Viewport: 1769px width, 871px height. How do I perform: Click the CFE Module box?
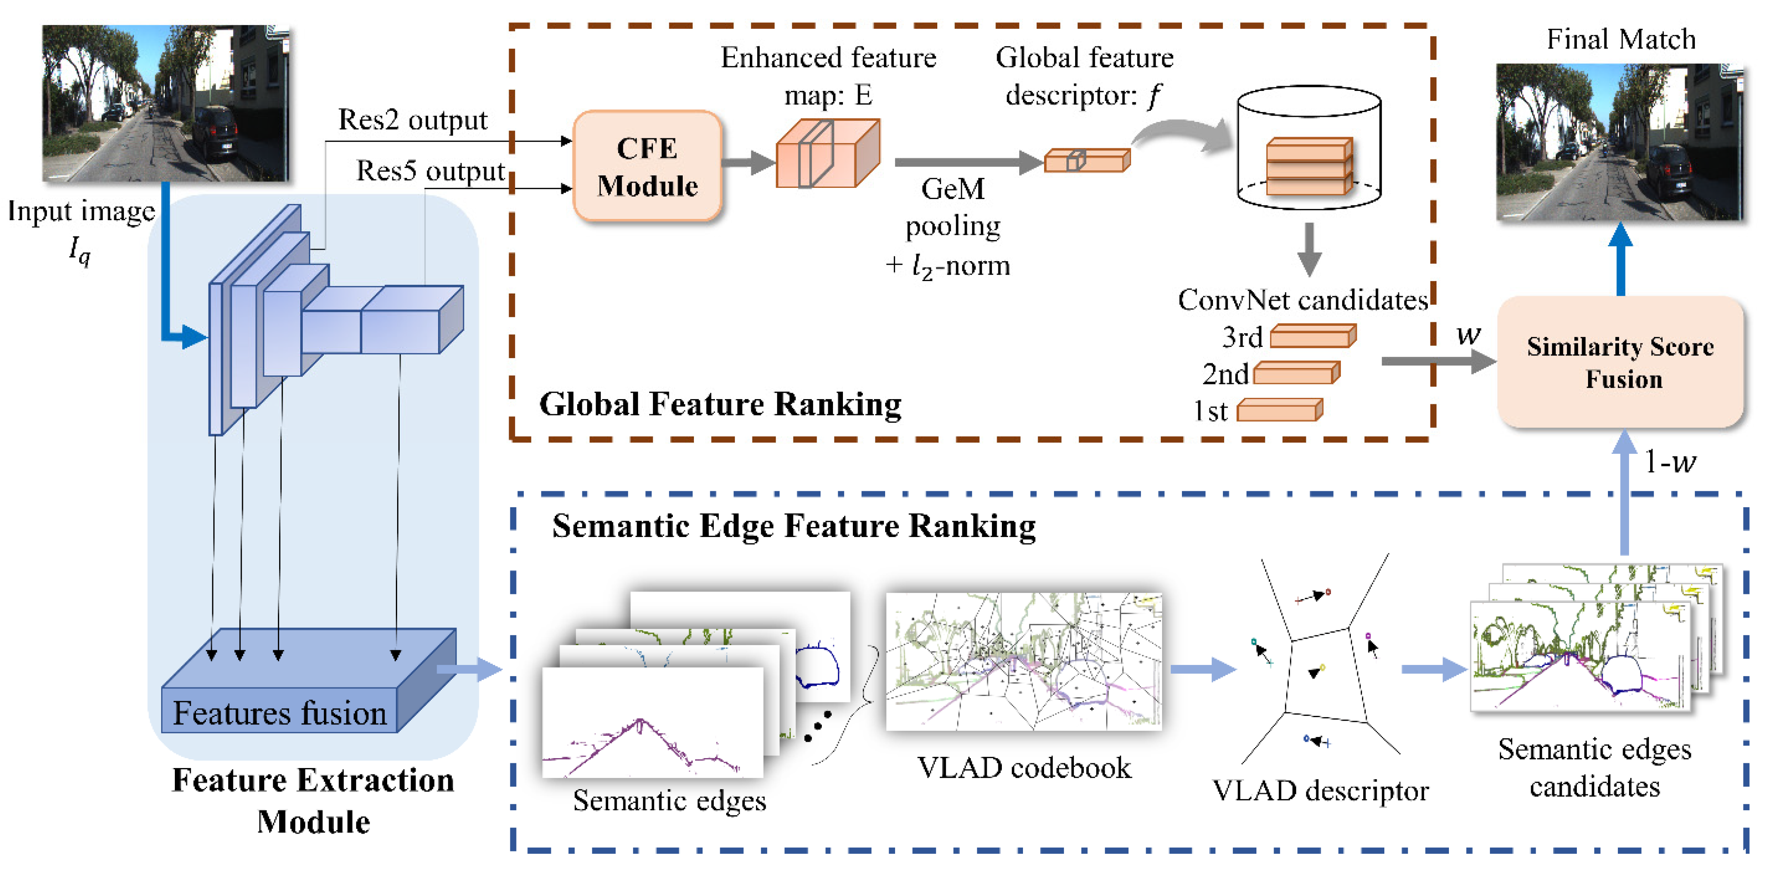pyautogui.click(x=647, y=167)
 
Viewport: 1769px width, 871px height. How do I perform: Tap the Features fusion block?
pyautogui.click(x=280, y=711)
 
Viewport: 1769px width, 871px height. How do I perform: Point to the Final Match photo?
pyautogui.click(x=1619, y=142)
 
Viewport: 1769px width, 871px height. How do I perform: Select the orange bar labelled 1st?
pyautogui.click(x=1279, y=411)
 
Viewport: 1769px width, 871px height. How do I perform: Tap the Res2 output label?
pyautogui.click(x=412, y=120)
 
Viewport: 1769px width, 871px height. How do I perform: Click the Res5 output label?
pyautogui.click(x=431, y=170)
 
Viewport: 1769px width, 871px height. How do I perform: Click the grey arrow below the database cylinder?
pyautogui.click(x=1309, y=249)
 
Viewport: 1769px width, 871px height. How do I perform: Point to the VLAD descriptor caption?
pyautogui.click(x=1320, y=791)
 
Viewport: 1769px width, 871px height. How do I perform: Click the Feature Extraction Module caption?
pyautogui.click(x=313, y=800)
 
